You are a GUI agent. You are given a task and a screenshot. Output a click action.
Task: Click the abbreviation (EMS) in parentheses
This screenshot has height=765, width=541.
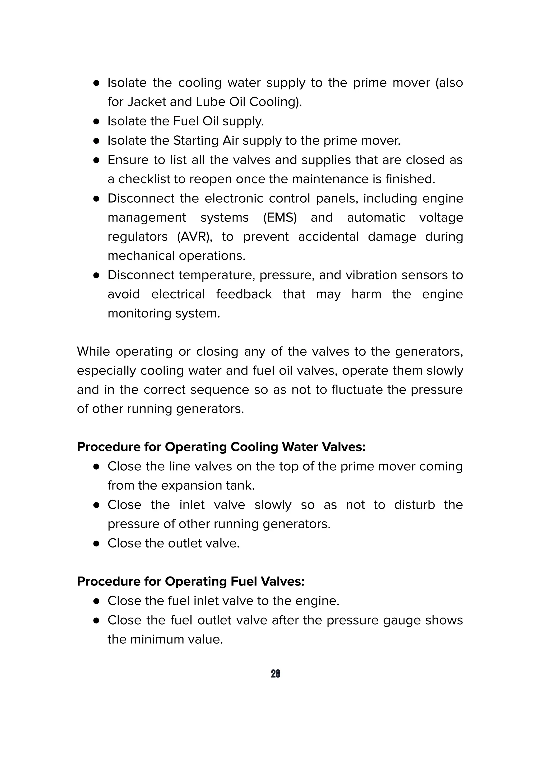click(x=280, y=218)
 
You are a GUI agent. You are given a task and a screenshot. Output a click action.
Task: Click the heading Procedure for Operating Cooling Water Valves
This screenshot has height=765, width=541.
click(x=221, y=447)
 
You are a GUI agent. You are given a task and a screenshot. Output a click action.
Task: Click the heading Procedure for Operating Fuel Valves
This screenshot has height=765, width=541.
click(x=190, y=582)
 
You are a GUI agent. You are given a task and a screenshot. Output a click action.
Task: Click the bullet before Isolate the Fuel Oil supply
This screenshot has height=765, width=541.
click(x=97, y=122)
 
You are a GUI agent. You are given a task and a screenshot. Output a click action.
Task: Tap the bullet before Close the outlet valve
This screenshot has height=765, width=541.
click(x=97, y=544)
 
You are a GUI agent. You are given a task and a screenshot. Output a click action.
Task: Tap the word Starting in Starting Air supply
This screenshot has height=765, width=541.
click(x=196, y=141)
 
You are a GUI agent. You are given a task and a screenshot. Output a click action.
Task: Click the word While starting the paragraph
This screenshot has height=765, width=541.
click(x=93, y=352)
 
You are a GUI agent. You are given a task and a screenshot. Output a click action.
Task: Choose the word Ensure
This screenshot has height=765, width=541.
click(x=127, y=160)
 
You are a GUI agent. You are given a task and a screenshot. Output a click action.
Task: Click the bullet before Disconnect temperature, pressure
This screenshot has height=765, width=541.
click(x=97, y=276)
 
